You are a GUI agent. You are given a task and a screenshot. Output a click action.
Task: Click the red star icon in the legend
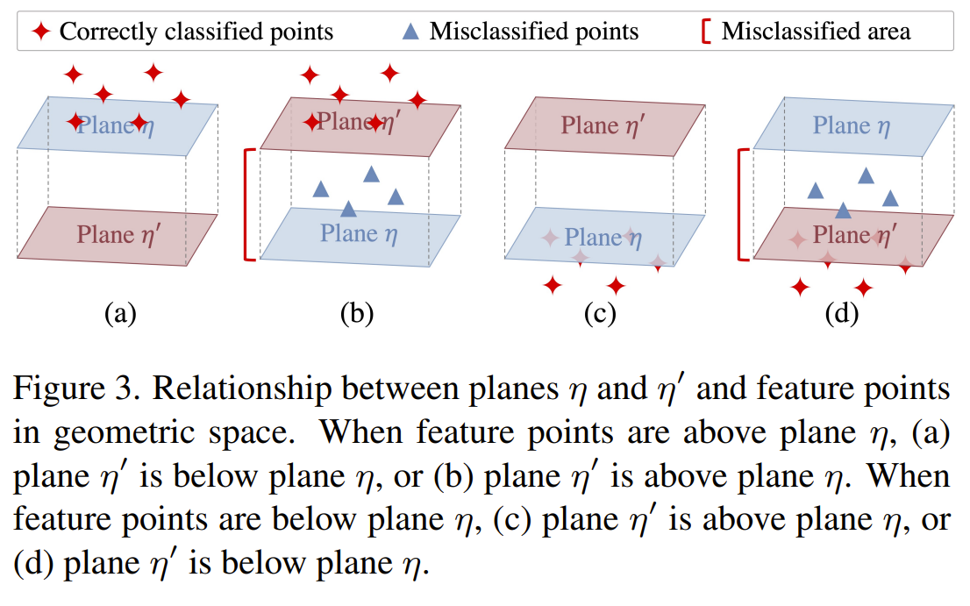click(x=41, y=32)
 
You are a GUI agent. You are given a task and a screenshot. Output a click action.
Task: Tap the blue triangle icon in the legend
click(x=410, y=32)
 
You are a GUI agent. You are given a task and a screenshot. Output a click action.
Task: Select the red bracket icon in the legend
click(x=704, y=32)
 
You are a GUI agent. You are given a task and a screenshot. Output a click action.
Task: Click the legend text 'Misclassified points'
click(x=534, y=32)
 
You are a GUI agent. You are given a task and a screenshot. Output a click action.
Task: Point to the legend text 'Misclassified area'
click(x=816, y=32)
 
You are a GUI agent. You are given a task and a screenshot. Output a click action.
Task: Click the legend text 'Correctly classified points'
click(x=196, y=32)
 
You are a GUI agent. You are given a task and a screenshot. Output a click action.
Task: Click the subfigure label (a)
click(x=120, y=313)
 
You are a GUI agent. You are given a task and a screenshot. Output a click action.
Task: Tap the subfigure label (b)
click(x=357, y=313)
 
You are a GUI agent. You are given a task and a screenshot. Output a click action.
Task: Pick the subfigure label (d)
click(x=842, y=313)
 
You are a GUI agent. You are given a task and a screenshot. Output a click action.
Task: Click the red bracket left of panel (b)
click(x=248, y=204)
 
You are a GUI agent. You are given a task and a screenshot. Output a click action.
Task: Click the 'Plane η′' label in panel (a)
click(x=120, y=234)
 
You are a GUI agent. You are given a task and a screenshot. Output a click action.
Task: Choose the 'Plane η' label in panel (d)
click(x=852, y=125)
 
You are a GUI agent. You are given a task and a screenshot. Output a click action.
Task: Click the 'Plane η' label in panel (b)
click(x=360, y=234)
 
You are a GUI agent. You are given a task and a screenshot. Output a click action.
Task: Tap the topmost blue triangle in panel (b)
click(x=372, y=175)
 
